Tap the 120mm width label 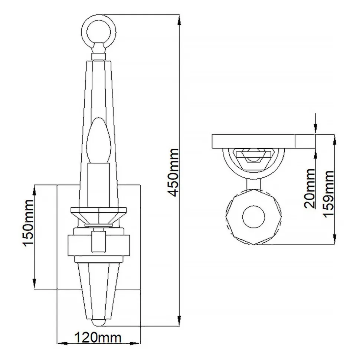tap(98, 338)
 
